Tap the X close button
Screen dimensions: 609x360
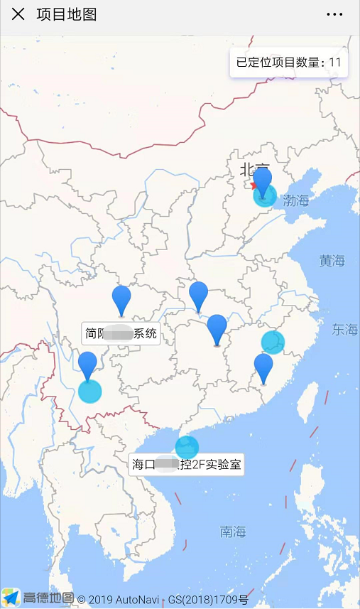point(18,14)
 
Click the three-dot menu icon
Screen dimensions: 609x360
point(334,14)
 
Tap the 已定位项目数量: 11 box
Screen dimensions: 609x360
point(289,63)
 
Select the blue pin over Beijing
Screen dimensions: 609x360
point(263,182)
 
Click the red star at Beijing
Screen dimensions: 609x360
point(254,185)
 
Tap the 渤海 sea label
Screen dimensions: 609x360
point(296,201)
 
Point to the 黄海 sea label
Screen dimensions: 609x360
point(332,261)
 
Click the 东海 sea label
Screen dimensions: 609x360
point(345,329)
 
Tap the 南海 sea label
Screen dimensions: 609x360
point(232,532)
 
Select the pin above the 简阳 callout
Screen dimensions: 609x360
point(121,299)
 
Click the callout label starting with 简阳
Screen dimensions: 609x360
point(120,333)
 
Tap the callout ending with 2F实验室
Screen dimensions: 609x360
point(187,465)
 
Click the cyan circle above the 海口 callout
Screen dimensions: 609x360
point(187,447)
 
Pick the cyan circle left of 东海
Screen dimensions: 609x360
point(273,342)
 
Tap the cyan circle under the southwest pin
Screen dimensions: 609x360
point(89,390)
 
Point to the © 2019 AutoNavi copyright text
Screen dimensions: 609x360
point(119,599)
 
